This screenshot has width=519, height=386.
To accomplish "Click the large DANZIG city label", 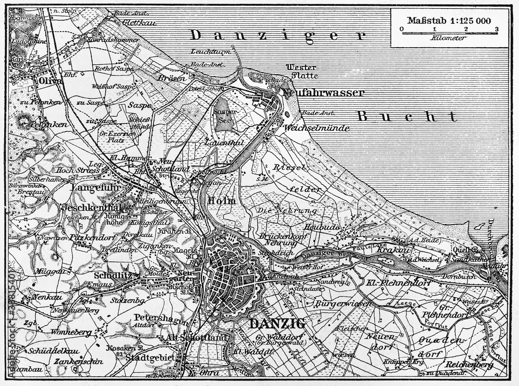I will click(x=278, y=323).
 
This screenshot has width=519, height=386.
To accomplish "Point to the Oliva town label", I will click(x=44, y=81).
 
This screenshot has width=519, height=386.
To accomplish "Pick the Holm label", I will click(x=222, y=200).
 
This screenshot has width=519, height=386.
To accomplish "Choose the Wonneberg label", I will click(x=69, y=332).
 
